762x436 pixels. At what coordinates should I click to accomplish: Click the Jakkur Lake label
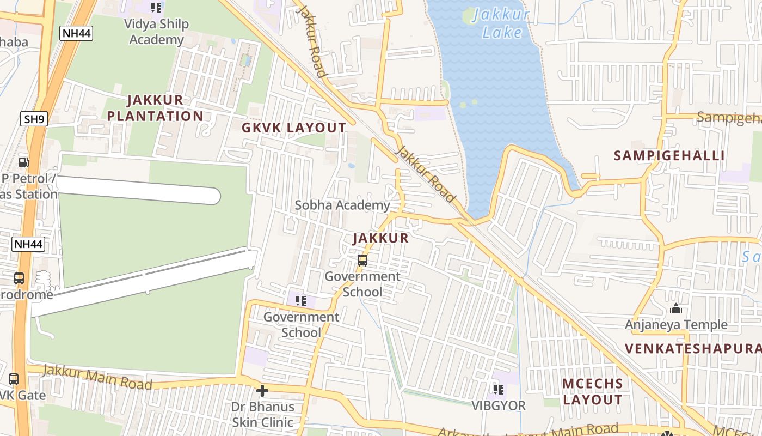click(x=500, y=23)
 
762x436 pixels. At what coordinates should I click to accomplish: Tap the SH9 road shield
click(x=34, y=119)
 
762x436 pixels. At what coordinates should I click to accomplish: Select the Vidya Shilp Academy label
click(x=156, y=32)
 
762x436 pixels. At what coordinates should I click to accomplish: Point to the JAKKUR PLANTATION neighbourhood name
click(x=155, y=108)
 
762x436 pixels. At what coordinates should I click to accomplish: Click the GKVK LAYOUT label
click(x=294, y=128)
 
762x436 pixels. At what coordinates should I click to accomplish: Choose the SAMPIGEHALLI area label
click(x=669, y=156)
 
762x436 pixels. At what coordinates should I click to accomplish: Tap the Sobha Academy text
click(x=342, y=205)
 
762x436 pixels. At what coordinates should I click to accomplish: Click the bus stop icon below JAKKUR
click(x=362, y=261)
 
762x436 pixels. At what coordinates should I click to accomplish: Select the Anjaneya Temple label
click(x=676, y=325)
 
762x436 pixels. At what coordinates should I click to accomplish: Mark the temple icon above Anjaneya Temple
click(x=676, y=309)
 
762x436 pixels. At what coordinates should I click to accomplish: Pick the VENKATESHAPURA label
click(x=692, y=349)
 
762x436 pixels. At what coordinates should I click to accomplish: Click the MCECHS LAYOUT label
click(x=593, y=391)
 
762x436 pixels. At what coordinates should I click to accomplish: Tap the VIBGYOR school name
click(x=499, y=406)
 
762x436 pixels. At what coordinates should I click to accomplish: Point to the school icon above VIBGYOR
click(x=499, y=390)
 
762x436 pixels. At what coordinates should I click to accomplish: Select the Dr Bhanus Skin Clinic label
click(x=262, y=414)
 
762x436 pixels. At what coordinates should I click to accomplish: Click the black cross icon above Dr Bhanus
click(x=262, y=391)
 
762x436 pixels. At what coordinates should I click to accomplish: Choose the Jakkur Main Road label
click(x=97, y=377)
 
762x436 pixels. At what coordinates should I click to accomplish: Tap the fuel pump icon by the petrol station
click(x=23, y=162)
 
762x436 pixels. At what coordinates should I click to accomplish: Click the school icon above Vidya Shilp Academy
click(x=156, y=8)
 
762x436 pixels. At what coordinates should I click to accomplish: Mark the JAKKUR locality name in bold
click(x=380, y=238)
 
